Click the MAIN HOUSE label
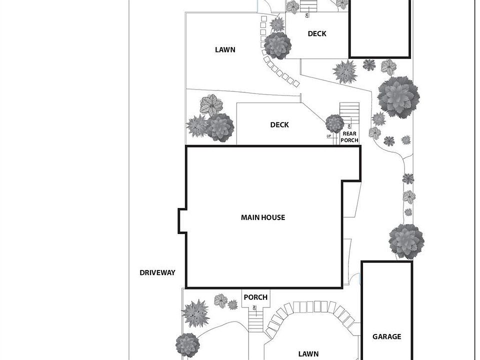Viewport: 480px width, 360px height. (262, 217)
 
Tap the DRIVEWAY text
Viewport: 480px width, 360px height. (157, 272)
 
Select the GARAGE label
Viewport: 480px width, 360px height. (386, 337)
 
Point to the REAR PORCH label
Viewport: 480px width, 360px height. (350, 137)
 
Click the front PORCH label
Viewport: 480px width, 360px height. (255, 297)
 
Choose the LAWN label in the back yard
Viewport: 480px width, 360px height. (225, 49)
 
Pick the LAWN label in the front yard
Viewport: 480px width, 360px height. (308, 354)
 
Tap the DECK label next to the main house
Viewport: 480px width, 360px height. (279, 124)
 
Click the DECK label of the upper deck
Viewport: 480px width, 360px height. (317, 33)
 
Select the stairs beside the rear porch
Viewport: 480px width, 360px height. (349, 114)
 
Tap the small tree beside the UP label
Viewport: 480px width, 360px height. (334, 123)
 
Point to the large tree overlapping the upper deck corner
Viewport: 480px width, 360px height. (277, 45)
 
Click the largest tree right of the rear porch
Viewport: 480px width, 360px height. (398, 97)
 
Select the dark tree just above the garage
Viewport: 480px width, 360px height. (406, 241)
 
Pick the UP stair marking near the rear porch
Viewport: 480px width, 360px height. (328, 136)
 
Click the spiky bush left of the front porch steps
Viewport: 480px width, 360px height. (195, 313)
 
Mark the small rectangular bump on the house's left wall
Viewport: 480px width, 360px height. (182, 220)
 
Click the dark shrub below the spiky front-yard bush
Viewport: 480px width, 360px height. (187, 345)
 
